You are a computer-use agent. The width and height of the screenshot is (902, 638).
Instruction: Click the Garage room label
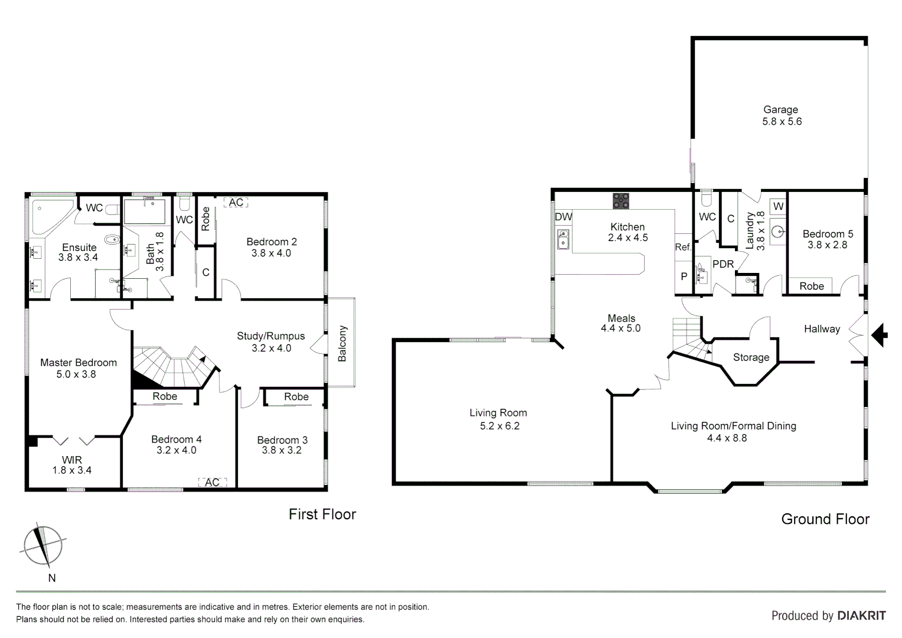click(x=780, y=110)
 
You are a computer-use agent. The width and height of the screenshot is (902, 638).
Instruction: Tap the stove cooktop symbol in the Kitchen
click(x=620, y=201)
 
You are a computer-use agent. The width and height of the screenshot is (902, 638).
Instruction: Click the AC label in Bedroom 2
click(x=236, y=203)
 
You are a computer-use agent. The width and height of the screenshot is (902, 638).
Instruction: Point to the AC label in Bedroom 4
click(x=212, y=482)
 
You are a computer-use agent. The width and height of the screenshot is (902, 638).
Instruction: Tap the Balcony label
click(x=342, y=343)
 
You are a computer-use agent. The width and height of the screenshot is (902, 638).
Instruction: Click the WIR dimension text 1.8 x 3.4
click(x=71, y=471)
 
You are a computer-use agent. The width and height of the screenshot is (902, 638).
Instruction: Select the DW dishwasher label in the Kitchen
click(x=563, y=217)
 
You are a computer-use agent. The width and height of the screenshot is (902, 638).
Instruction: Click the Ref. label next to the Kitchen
click(x=683, y=247)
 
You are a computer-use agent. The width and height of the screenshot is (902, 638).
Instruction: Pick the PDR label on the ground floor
click(x=723, y=264)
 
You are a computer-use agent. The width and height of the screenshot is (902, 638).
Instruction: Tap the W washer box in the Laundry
click(x=778, y=206)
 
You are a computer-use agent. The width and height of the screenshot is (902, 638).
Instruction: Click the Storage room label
click(x=751, y=357)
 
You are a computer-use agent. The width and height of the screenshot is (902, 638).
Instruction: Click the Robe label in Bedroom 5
click(x=811, y=286)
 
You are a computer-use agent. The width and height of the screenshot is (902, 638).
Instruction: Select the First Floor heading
click(x=322, y=515)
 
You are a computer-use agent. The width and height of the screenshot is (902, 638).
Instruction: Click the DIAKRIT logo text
click(x=861, y=616)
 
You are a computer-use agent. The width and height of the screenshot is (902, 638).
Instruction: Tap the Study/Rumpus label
click(x=271, y=336)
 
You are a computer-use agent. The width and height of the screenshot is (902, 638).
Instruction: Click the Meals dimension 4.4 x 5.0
click(x=620, y=328)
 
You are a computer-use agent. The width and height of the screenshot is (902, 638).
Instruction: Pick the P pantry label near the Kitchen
click(x=684, y=276)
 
